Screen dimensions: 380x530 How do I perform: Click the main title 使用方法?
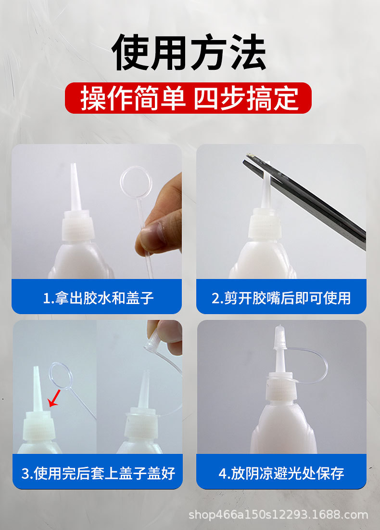189,52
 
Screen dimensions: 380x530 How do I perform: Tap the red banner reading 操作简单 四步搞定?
188,98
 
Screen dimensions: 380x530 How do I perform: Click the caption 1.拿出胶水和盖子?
98,298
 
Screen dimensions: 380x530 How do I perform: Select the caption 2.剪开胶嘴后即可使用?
281,298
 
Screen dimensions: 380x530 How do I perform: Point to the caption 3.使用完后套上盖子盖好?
98,473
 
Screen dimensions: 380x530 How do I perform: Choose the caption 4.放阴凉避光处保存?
281,473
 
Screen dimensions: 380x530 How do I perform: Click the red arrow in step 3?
54,398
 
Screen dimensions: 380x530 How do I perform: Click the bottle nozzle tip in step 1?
74,165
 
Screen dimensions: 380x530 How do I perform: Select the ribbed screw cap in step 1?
77,225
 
